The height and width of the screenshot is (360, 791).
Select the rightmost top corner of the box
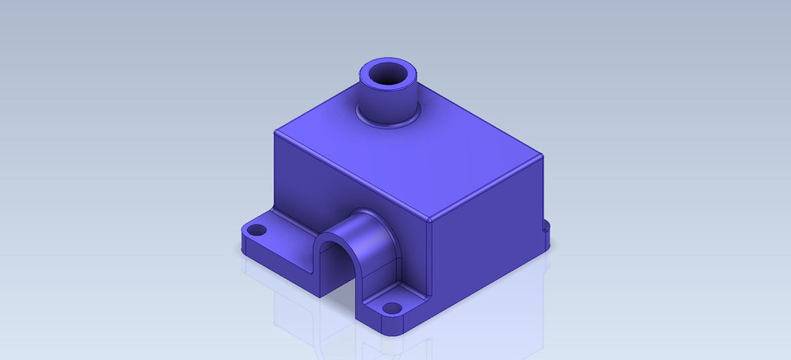(544, 156)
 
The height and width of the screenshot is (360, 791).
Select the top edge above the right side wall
(488, 188)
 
